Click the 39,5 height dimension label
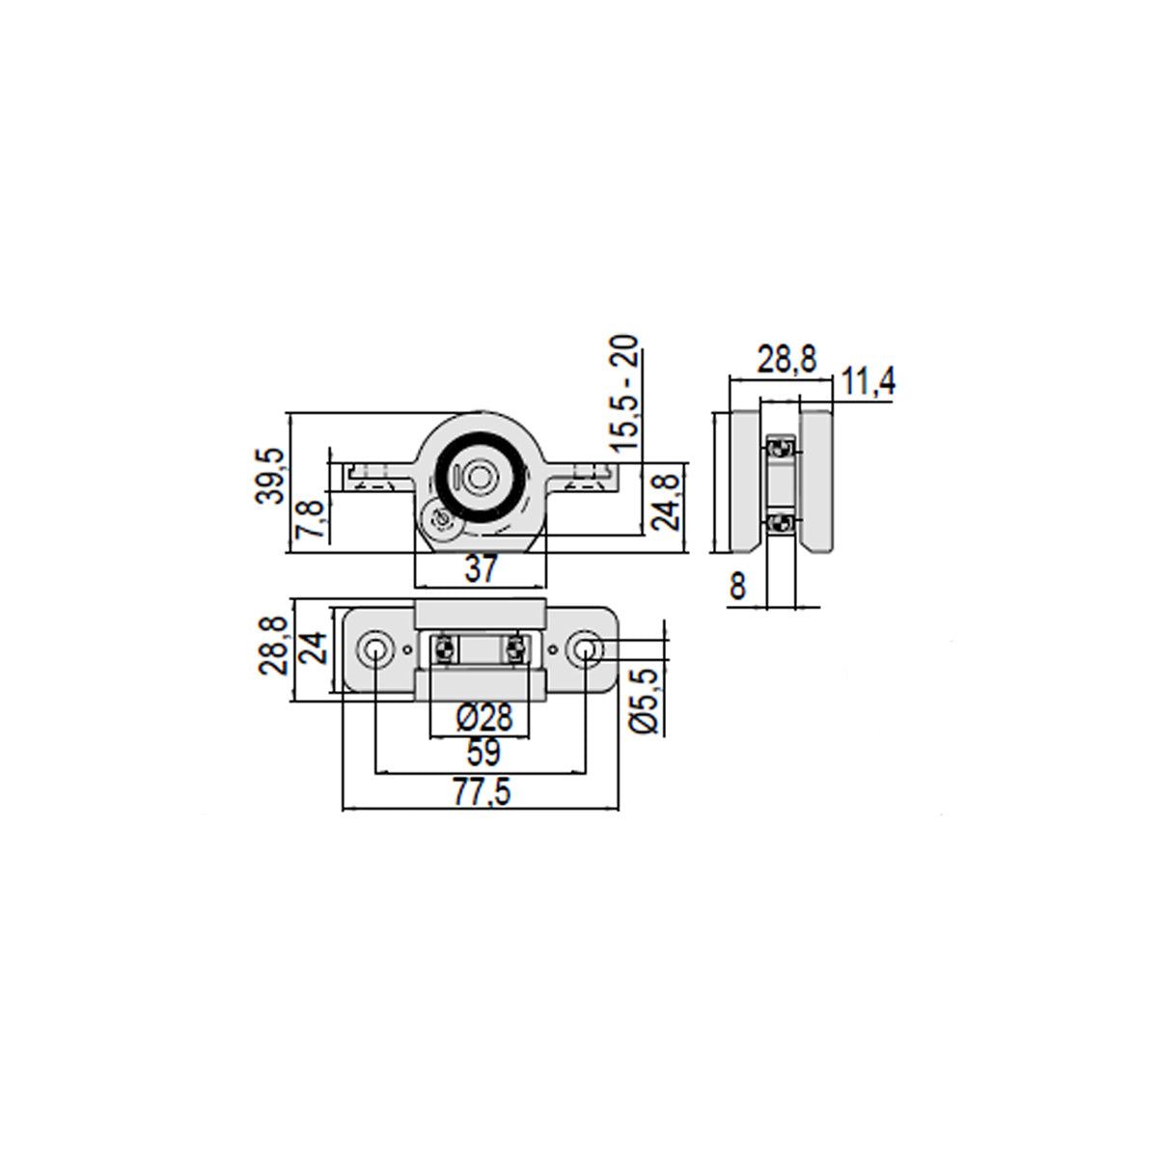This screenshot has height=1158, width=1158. click(x=268, y=477)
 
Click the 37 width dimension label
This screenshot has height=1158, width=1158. click(x=482, y=568)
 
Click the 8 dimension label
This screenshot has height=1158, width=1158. click(x=738, y=586)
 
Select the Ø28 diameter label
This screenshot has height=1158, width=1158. click(x=484, y=717)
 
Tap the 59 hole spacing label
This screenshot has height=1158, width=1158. click(x=483, y=752)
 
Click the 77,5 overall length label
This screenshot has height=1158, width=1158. click(x=482, y=792)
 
